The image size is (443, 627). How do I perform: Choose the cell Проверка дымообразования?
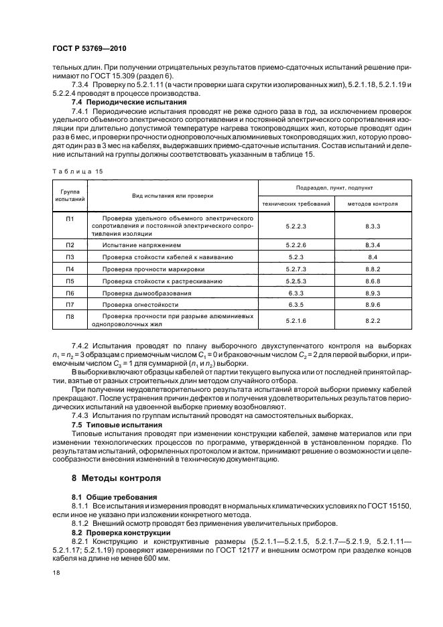coord(147,293)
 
